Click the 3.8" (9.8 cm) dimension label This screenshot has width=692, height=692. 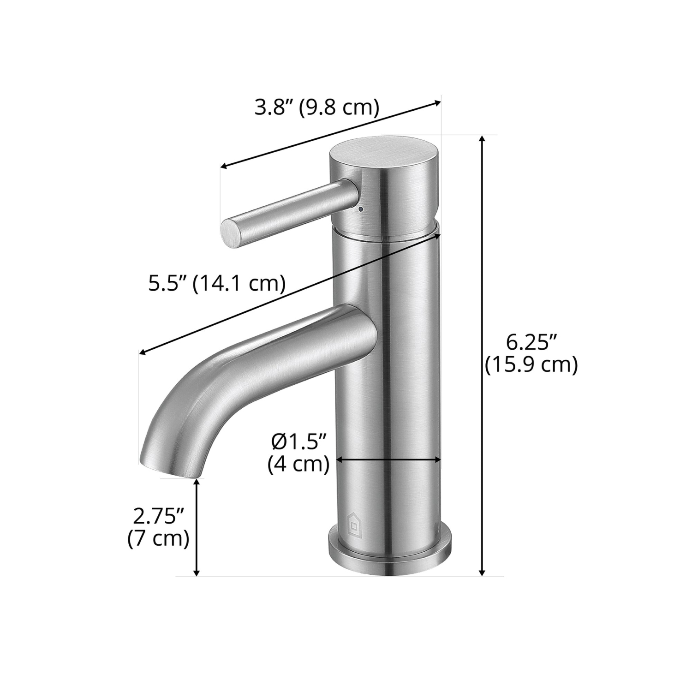(317, 107)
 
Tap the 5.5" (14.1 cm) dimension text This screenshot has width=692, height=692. (216, 283)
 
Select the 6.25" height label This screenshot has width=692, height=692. (532, 343)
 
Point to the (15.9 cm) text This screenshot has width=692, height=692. (531, 365)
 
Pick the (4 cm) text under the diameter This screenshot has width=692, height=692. (299, 464)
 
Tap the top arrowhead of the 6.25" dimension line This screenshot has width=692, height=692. (483, 139)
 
